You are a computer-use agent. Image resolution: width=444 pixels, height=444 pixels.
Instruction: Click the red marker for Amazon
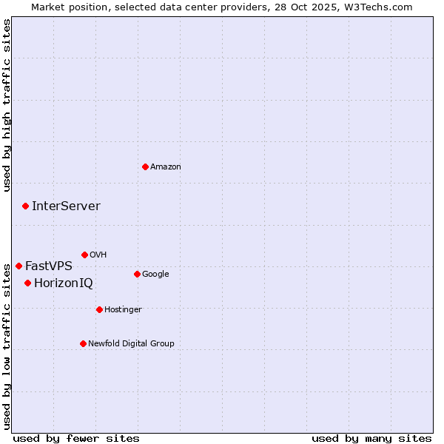click(145, 166)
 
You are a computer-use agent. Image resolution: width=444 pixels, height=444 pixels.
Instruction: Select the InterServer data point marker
click(25, 206)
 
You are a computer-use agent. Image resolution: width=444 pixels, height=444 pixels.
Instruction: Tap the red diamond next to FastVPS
click(18, 266)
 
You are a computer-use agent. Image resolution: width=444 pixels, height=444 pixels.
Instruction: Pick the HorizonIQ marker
click(27, 283)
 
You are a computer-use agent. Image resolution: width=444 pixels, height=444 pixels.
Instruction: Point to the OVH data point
click(84, 255)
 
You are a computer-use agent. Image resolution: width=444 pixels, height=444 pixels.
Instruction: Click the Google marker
click(137, 274)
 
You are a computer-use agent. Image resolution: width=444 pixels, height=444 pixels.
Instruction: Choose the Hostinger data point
click(99, 309)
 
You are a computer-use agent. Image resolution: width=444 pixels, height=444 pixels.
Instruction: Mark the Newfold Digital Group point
click(83, 343)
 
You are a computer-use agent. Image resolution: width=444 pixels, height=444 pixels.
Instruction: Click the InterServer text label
click(66, 206)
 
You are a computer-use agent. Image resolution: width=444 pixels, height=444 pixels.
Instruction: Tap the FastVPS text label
click(49, 266)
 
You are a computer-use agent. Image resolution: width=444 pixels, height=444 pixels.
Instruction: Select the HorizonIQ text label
click(64, 283)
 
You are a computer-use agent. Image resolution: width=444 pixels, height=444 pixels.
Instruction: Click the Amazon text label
click(166, 167)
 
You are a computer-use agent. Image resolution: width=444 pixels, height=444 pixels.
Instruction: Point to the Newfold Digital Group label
click(132, 343)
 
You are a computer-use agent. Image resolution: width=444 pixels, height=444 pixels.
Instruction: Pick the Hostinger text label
click(123, 309)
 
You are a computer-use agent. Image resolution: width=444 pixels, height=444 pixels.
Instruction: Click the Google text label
click(155, 275)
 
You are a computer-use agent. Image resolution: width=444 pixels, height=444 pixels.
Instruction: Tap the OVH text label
click(98, 255)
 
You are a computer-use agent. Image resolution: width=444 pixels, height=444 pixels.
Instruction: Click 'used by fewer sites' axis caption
click(75, 438)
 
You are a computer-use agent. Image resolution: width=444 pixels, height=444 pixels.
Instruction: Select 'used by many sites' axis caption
click(371, 438)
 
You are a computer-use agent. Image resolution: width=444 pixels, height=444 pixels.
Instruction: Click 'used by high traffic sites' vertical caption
click(7, 105)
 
